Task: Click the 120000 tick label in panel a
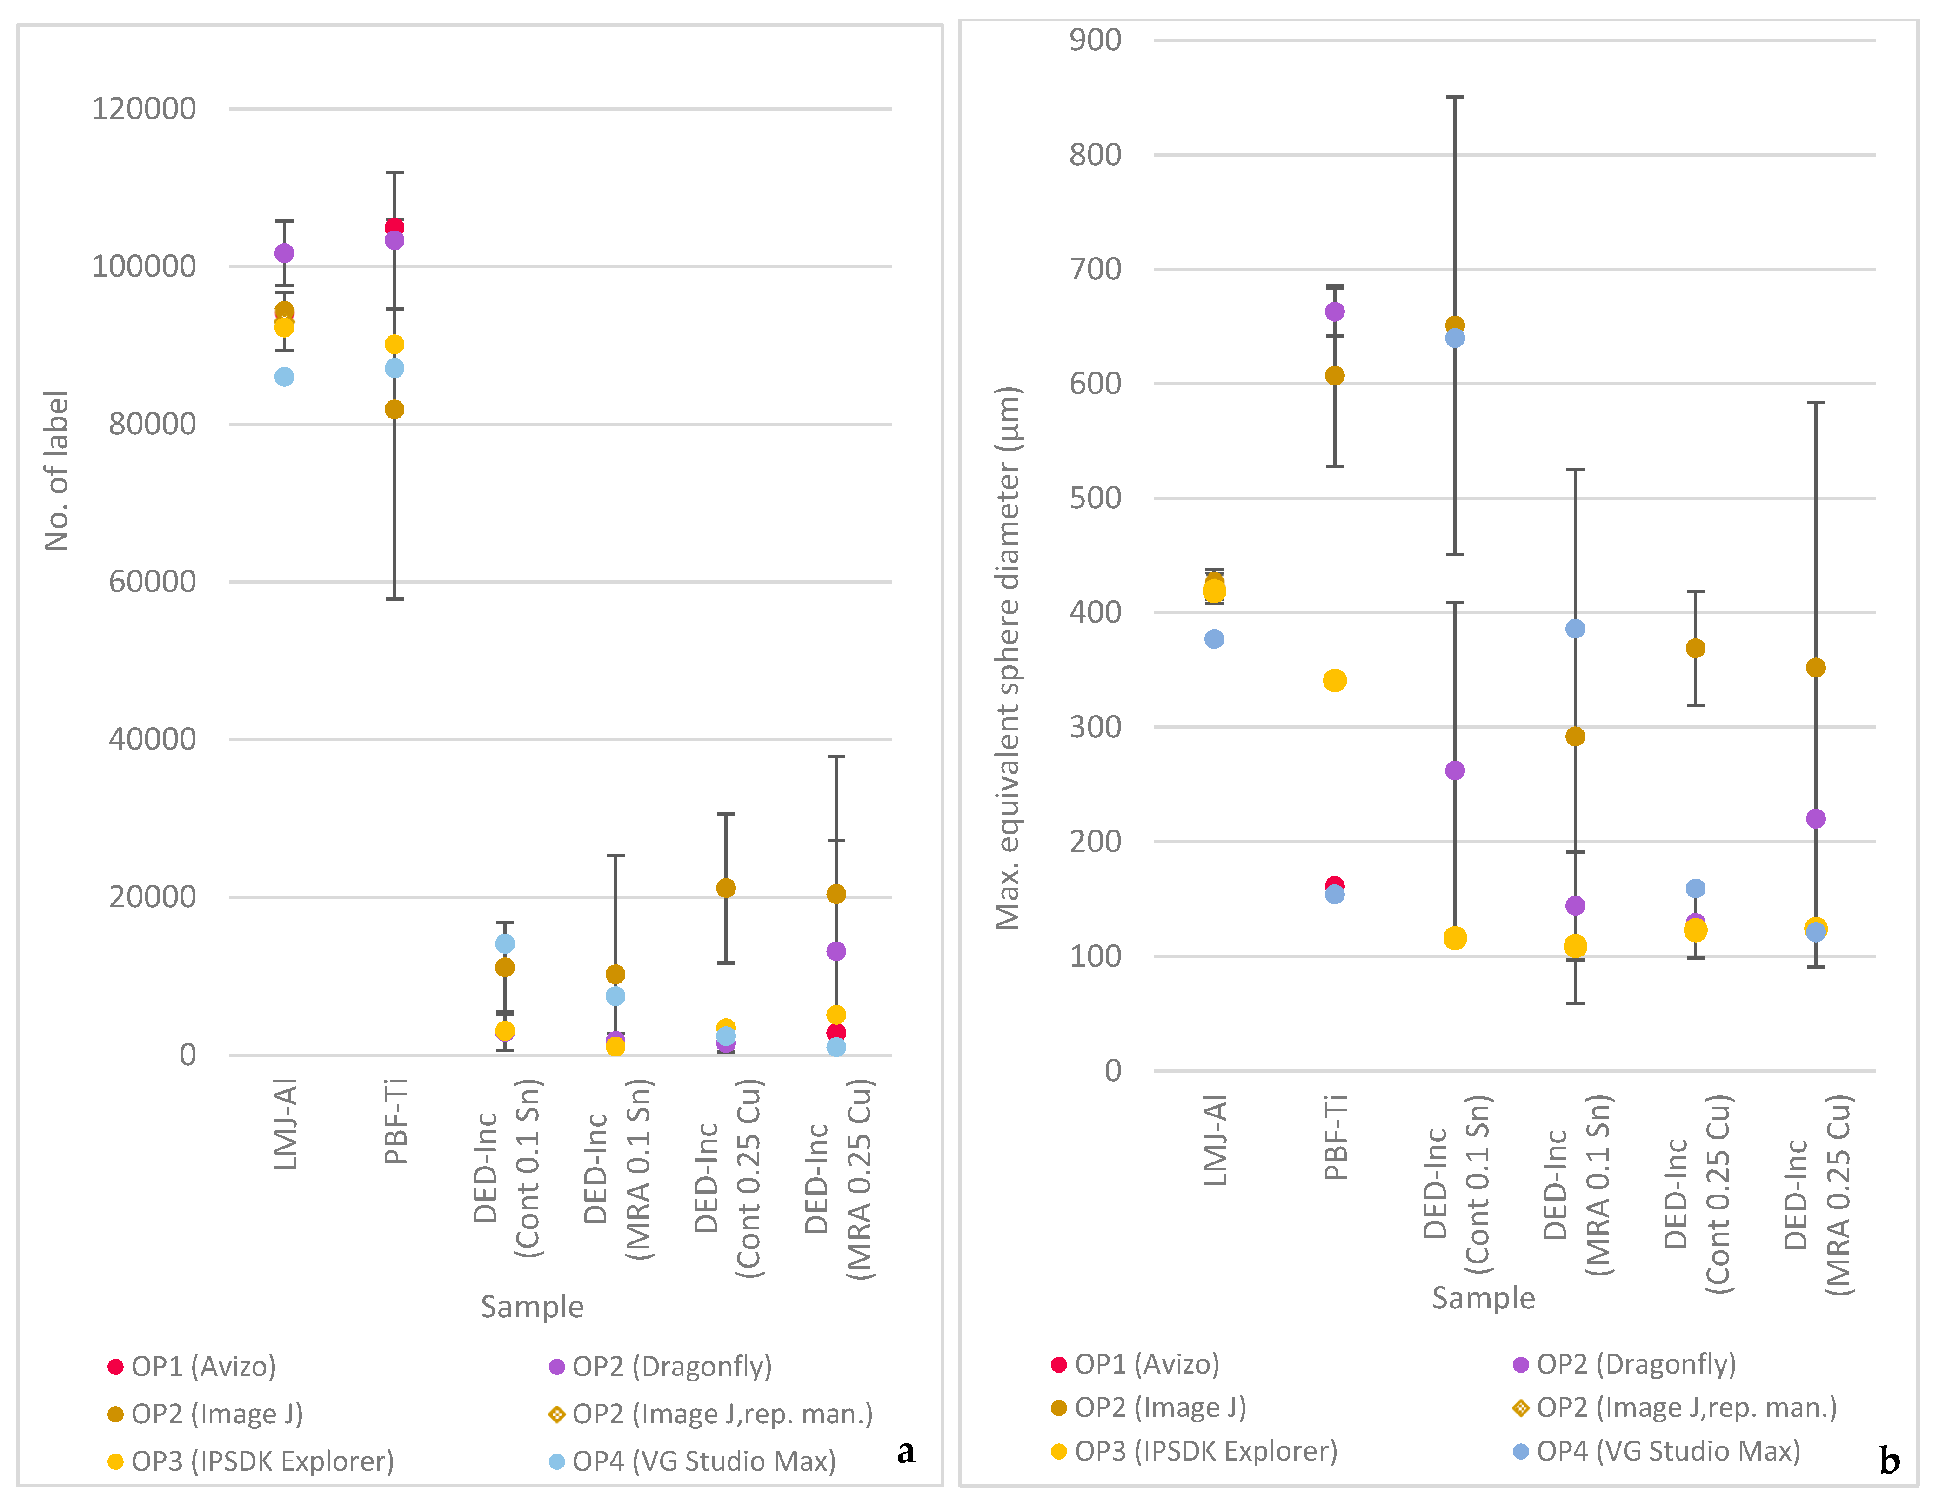click(144, 108)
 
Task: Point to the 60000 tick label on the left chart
click(152, 581)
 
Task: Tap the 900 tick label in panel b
click(1095, 40)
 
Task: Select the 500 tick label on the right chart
click(1095, 498)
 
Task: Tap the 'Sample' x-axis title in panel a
click(532, 1307)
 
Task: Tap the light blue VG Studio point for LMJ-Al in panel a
click(284, 377)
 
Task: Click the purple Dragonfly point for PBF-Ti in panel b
click(1334, 312)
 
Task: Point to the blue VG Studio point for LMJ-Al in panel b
click(1214, 639)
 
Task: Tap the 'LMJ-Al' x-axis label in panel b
click(1214, 1141)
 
